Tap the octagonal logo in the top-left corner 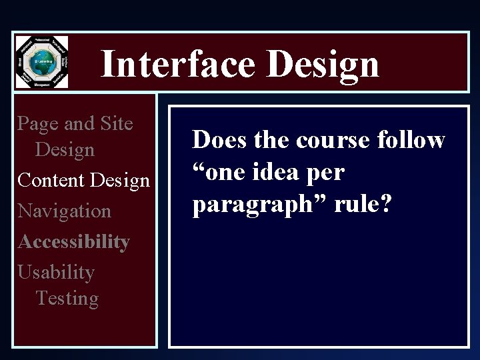[41, 62]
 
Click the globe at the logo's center [41, 62]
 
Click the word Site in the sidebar [116, 123]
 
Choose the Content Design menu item [83, 180]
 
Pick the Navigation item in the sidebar [64, 211]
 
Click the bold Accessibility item [73, 241]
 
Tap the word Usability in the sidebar [56, 272]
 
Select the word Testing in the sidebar [67, 298]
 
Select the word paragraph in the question [251, 205]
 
